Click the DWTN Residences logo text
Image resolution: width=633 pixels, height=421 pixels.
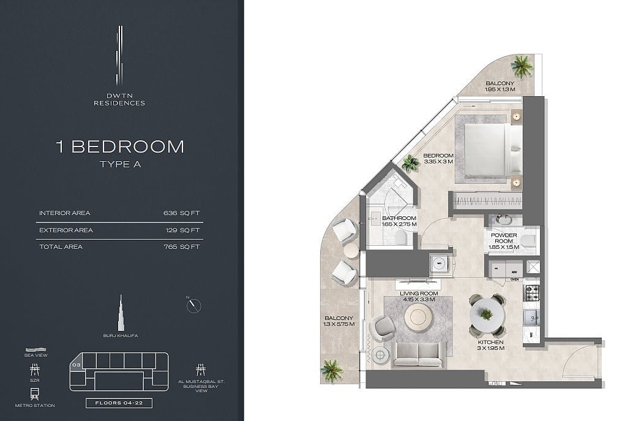(119, 99)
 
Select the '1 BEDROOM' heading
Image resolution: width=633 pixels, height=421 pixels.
(120, 146)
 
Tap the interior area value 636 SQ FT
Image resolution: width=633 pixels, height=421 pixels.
(182, 213)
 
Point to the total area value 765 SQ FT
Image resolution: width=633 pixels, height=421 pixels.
(182, 246)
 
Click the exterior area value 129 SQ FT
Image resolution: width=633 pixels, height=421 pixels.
(182, 230)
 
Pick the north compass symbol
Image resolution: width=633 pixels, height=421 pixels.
(194, 305)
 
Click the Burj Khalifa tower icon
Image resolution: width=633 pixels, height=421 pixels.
(121, 313)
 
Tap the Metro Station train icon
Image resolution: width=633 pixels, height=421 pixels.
(35, 394)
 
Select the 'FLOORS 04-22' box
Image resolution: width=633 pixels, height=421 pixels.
(119, 403)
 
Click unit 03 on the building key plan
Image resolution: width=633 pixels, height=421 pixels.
(77, 365)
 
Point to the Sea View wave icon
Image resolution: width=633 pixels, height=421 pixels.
(36, 350)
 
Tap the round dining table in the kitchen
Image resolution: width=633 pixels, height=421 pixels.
(487, 314)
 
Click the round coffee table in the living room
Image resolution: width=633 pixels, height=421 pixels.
(418, 318)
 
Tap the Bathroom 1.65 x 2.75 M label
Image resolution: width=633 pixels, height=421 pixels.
(399, 221)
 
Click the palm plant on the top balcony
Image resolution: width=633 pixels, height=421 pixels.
(521, 66)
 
